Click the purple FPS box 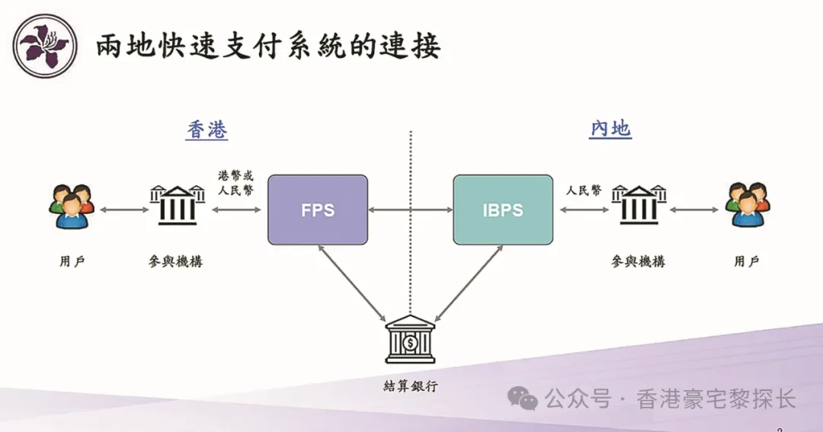coord(318,210)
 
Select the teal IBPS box coord(503,210)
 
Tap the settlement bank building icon coord(410,340)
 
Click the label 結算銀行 coord(411,386)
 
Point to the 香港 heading coord(207,130)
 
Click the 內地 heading coord(610,129)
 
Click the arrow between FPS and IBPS coord(411,209)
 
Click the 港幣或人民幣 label coord(235,183)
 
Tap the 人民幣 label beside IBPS coord(583,190)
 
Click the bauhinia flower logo coord(44,46)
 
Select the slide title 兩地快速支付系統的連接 coord(268,47)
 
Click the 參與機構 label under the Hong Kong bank coord(176,261)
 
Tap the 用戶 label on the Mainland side coord(747,261)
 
